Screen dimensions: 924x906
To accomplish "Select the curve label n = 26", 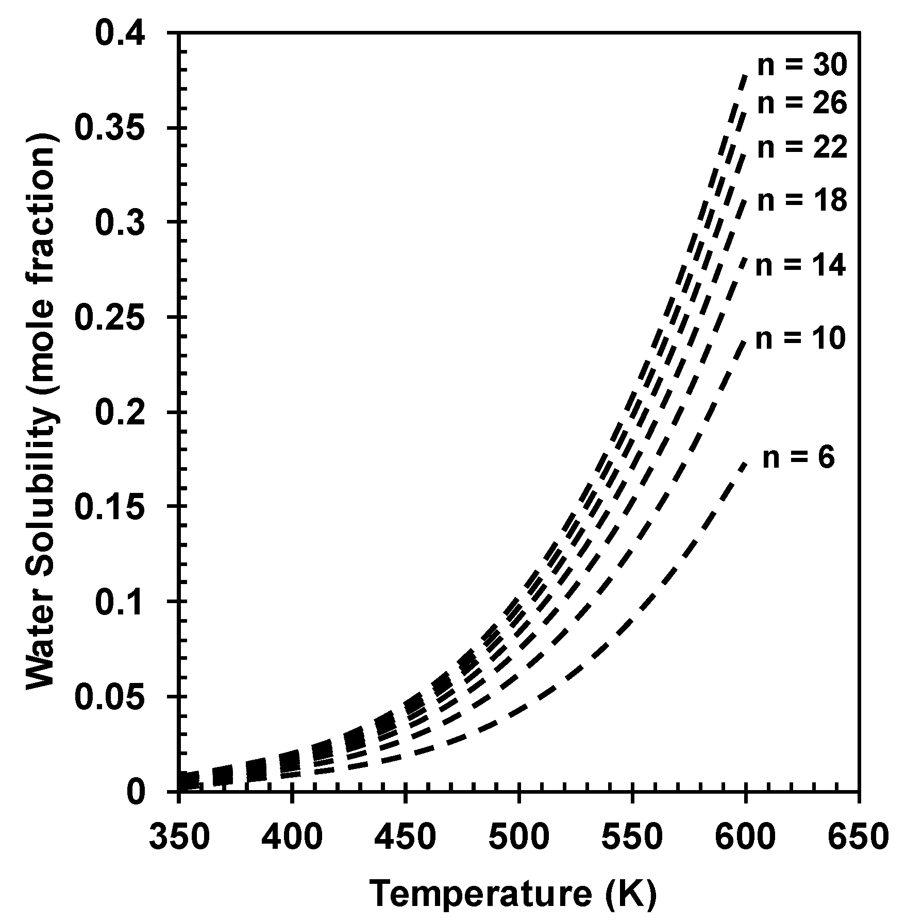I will pyautogui.click(x=801, y=103).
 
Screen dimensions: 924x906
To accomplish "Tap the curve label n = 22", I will pyautogui.click(x=801, y=148).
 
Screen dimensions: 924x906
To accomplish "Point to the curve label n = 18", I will pyautogui.click(x=801, y=200).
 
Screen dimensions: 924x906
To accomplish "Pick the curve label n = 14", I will pyautogui.click(x=800, y=266).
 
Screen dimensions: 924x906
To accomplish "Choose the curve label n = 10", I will pyautogui.click(x=800, y=338).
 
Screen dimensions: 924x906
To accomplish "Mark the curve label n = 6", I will pyautogui.click(x=798, y=457).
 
